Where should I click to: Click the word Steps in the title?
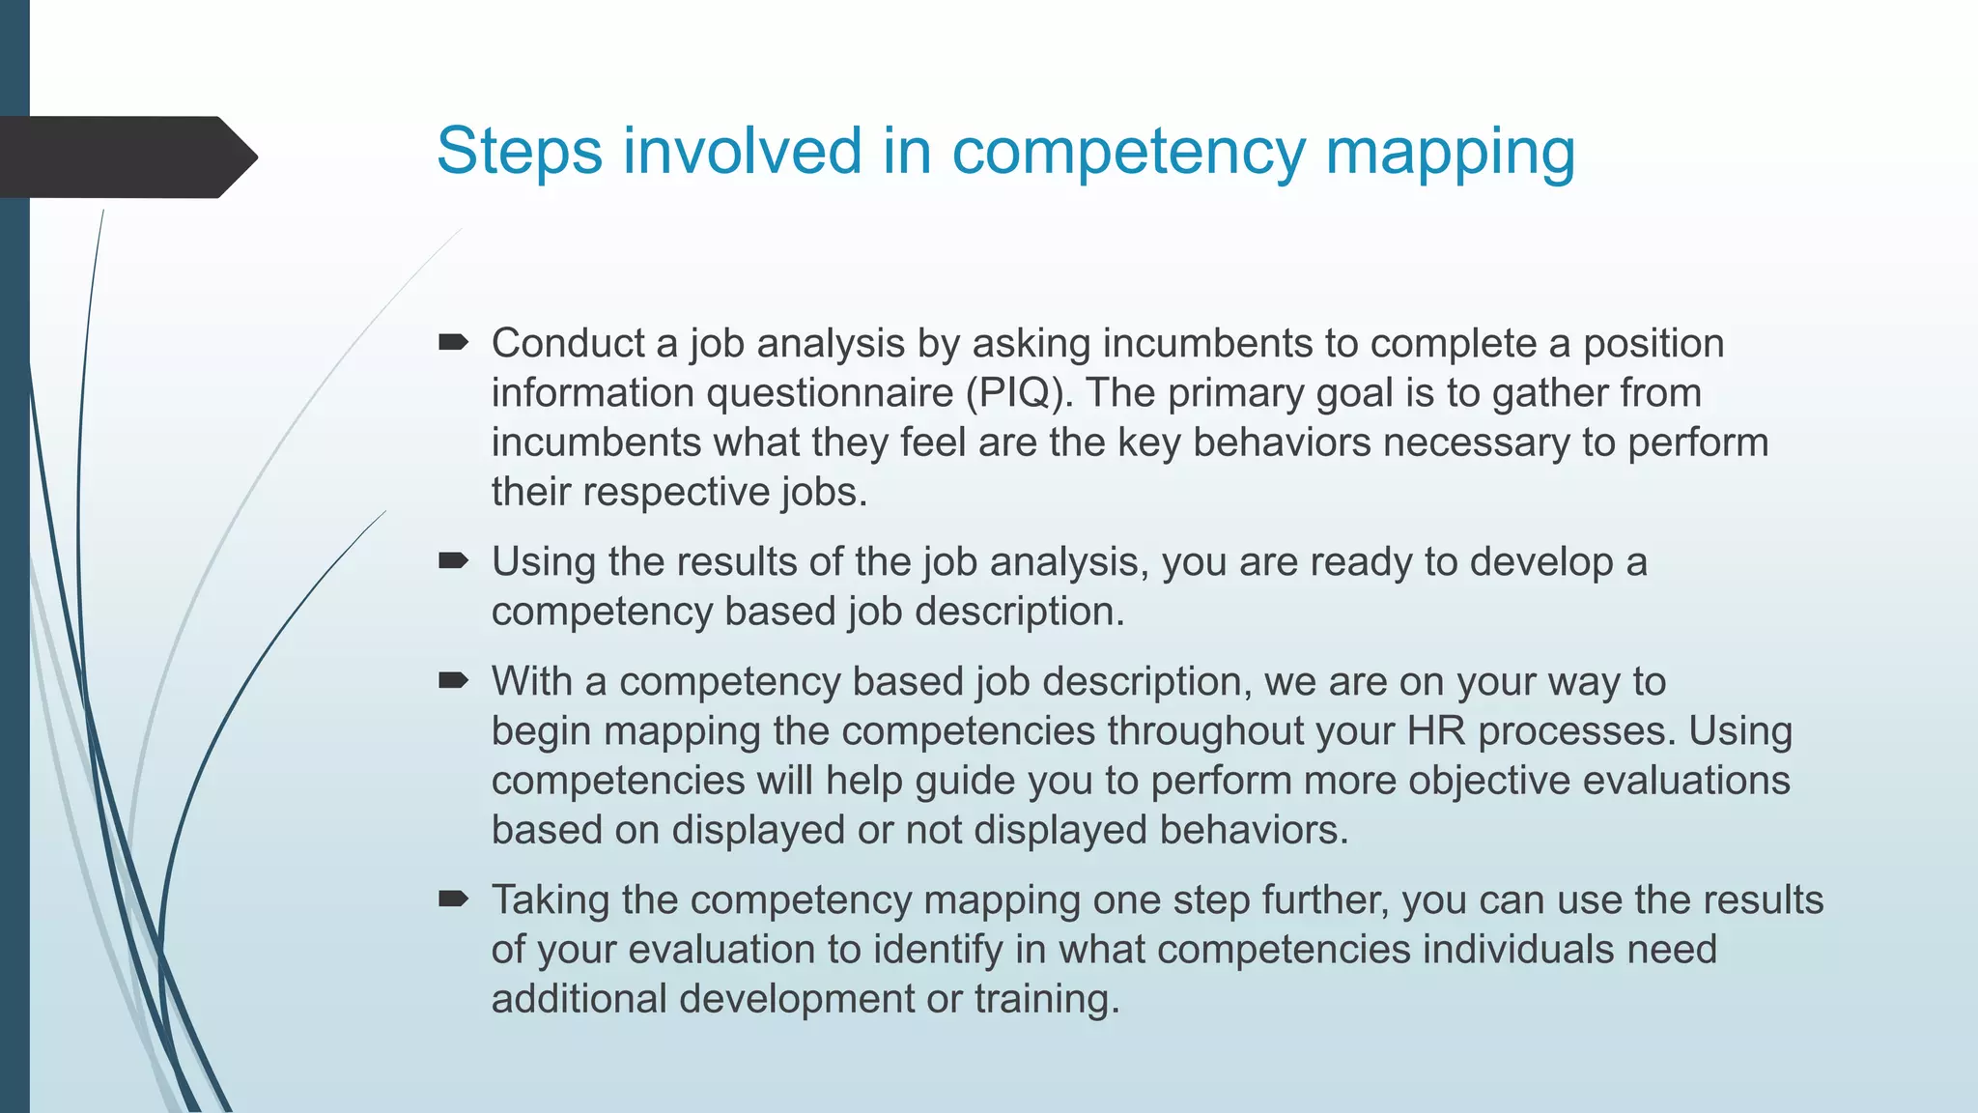coord(519,152)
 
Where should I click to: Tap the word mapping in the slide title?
coord(1450,152)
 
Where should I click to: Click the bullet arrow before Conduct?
coord(453,342)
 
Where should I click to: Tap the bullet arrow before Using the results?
coord(453,560)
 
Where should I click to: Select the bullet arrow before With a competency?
coord(453,681)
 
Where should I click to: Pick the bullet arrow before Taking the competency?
coord(453,899)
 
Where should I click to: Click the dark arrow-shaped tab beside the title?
coord(126,157)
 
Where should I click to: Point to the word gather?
coord(1549,393)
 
